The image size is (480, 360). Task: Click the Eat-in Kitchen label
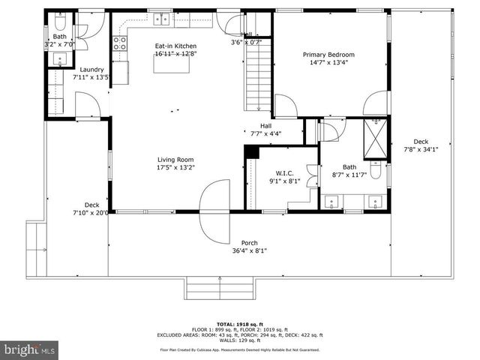(175, 46)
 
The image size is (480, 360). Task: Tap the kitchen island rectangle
(169, 64)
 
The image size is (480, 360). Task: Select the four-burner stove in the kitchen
(119, 43)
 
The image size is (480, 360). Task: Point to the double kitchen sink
(162, 19)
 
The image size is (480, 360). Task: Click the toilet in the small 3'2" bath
(61, 21)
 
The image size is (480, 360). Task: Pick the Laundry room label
(91, 69)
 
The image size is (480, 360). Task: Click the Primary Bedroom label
(328, 55)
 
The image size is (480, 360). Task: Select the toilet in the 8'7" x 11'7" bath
(376, 172)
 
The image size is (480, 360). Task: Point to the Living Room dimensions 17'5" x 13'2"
(175, 167)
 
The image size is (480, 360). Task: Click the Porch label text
(249, 242)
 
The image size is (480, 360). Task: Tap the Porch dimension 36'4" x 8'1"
(249, 250)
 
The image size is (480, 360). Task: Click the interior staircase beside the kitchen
(258, 82)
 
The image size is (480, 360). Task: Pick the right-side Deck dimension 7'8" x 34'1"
(421, 148)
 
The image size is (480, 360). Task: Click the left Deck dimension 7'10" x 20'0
(91, 212)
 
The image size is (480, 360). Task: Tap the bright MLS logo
(30, 349)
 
